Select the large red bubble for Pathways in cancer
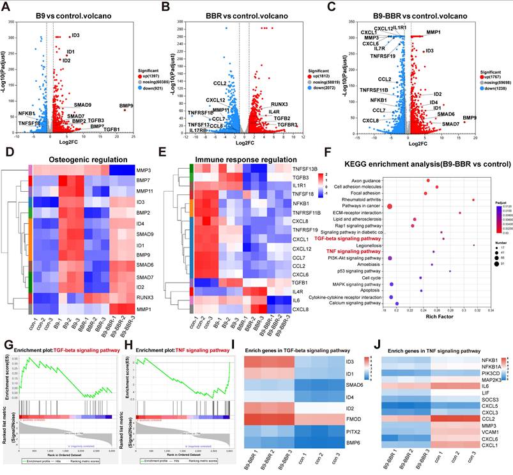[x=389, y=206]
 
